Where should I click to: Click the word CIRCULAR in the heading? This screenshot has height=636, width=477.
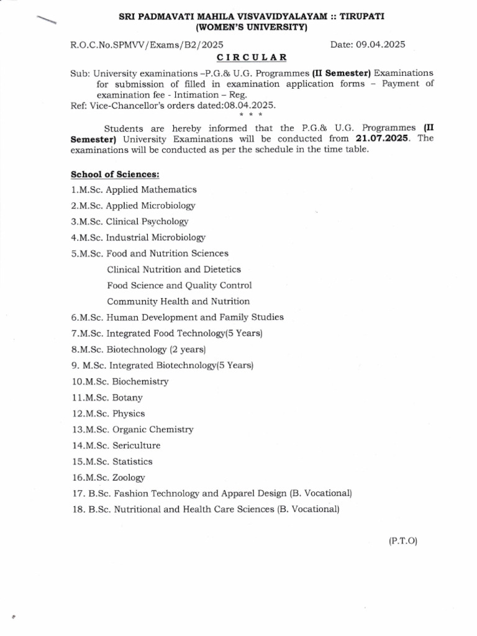[252, 57]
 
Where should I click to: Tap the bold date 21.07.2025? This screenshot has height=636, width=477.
[385, 139]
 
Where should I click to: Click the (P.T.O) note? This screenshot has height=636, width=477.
[404, 541]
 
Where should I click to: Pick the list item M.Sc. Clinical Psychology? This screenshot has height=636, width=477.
[130, 221]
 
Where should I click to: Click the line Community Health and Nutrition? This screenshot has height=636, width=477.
[178, 301]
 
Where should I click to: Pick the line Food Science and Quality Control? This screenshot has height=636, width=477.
[179, 286]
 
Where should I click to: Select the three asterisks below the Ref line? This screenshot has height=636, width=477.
[252, 115]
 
